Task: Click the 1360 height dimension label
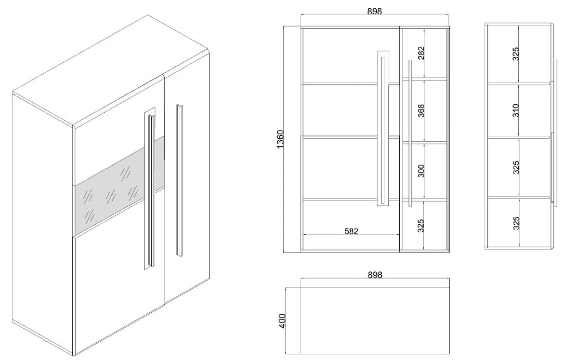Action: (280, 139)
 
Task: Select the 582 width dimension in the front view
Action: (352, 231)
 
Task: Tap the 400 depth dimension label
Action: (283, 321)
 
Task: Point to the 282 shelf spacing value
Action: (421, 53)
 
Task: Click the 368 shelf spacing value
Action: (421, 111)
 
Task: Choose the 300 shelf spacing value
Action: (421, 171)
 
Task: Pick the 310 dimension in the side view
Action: (515, 110)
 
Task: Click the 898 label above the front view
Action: (374, 12)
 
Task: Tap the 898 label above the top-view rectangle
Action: (375, 275)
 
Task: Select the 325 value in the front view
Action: (421, 226)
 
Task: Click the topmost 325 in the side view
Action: (515, 53)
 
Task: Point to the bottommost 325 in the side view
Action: (516, 223)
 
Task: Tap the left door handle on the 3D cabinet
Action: (150, 188)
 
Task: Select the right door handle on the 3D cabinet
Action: (180, 180)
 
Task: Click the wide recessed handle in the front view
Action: (383, 128)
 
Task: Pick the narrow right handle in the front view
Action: (410, 133)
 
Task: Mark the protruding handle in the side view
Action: (555, 133)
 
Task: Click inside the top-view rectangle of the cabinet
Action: (375, 321)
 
